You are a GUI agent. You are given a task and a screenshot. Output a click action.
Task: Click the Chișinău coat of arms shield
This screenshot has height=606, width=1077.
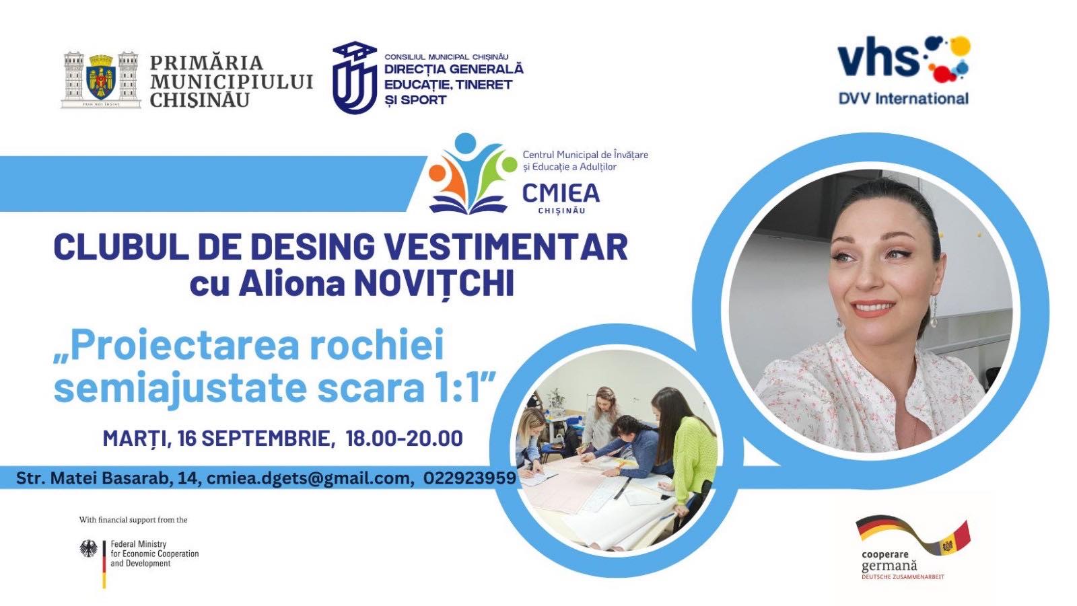(x=101, y=77)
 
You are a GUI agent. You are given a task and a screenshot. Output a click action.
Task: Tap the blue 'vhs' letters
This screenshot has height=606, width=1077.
(x=878, y=58)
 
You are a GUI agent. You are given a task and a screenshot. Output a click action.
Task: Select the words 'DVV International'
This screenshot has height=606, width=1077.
(x=903, y=98)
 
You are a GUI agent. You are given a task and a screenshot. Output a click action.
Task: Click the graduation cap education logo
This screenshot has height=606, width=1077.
(x=355, y=77)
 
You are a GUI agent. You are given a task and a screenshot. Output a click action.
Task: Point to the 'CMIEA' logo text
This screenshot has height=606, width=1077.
(x=561, y=193)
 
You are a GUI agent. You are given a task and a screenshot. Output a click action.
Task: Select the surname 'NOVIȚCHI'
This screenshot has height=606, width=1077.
(x=434, y=284)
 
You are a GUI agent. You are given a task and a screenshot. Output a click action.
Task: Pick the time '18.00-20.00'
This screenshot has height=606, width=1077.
(x=404, y=439)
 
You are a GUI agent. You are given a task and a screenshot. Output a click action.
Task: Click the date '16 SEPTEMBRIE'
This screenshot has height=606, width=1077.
(x=253, y=439)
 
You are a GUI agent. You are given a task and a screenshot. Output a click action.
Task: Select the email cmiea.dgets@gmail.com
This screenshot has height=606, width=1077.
(x=308, y=478)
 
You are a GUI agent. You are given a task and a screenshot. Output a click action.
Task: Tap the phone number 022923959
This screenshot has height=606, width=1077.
(x=470, y=478)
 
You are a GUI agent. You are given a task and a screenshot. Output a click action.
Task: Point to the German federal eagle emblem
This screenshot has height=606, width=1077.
(x=88, y=548)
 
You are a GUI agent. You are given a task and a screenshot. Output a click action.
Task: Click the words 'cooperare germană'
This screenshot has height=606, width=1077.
(x=889, y=561)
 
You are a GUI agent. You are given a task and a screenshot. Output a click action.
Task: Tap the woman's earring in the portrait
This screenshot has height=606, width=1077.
(x=934, y=311)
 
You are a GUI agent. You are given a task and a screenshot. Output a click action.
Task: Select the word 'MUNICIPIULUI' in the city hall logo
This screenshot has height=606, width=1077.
(x=232, y=81)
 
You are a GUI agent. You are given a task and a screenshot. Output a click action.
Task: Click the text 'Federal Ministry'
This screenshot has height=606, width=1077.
(x=139, y=544)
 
